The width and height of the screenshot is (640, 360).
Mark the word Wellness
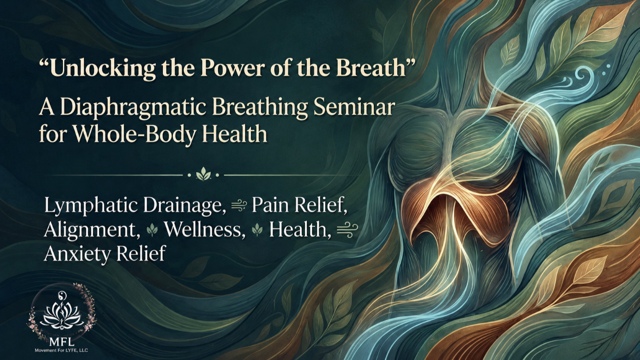tap(204, 229)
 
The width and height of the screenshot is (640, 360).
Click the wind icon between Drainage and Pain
tap(238, 206)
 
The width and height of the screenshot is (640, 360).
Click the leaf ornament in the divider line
tap(203, 174)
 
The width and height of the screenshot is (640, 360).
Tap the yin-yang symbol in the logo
tap(62, 295)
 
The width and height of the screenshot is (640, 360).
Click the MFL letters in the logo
tap(61, 341)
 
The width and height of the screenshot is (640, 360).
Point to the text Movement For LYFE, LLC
tap(61, 350)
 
